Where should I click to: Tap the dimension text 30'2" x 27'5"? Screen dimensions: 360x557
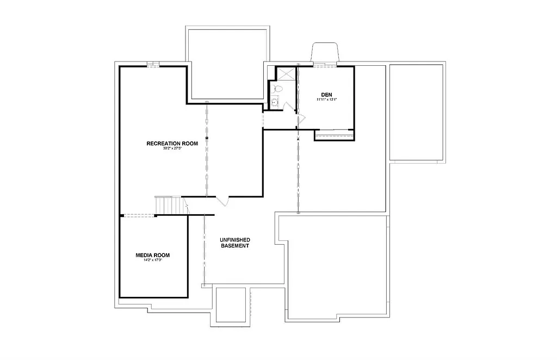[172, 148]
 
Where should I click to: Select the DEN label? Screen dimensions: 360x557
[326, 94]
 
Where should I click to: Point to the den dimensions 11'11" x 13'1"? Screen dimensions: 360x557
[327, 100]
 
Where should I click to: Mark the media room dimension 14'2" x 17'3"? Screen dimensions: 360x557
[153, 260]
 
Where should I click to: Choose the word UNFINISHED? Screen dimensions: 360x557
[234, 240]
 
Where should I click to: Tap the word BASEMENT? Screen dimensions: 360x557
[234, 246]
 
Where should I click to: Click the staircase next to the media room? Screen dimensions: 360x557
[168, 205]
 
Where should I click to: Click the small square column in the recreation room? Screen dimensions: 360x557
[207, 139]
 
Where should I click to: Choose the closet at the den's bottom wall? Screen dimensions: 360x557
[334, 135]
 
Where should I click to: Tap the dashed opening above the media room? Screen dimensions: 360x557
[139, 216]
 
